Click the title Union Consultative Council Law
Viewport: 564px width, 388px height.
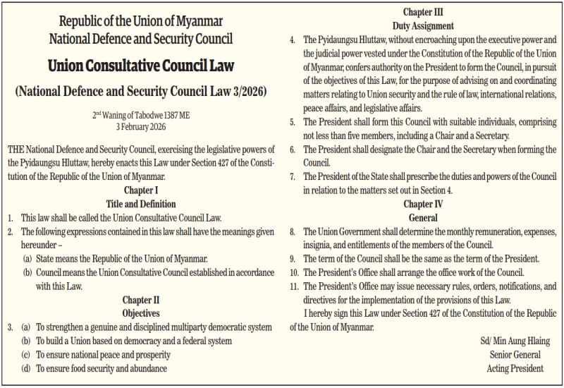point(141,66)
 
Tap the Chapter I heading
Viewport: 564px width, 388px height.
point(141,190)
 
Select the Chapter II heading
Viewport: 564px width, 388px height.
point(141,300)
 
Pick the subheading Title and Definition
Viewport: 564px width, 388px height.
point(141,203)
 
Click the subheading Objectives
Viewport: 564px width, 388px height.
point(141,313)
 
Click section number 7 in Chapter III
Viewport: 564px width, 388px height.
point(293,176)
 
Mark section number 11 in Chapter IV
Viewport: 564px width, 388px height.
point(294,286)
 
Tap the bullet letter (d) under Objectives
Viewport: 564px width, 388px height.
point(27,368)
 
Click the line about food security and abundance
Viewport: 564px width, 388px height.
point(102,368)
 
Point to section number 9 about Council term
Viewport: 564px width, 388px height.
point(293,259)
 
